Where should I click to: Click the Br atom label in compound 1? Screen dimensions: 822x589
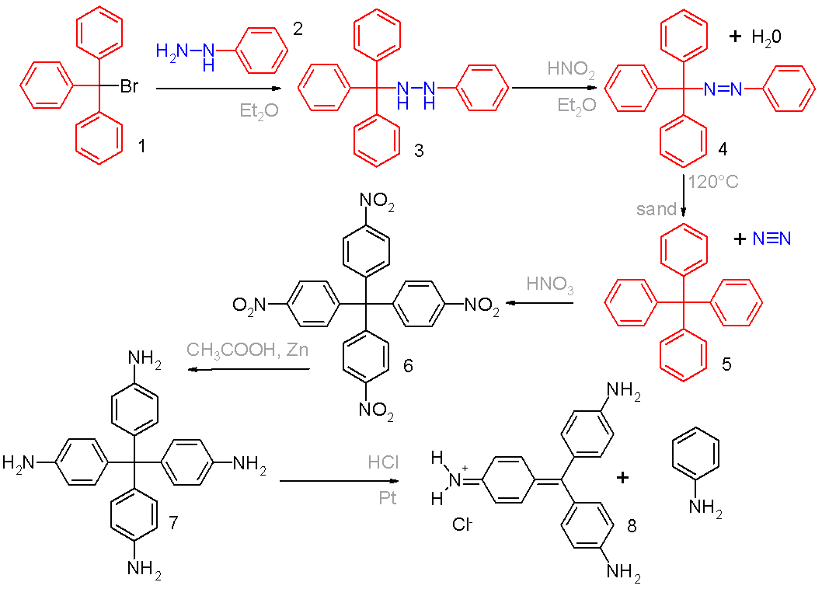click(129, 85)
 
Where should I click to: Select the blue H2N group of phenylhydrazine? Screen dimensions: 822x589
click(172, 51)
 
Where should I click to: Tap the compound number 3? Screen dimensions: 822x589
click(418, 151)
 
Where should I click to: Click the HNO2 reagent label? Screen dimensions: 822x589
click(571, 68)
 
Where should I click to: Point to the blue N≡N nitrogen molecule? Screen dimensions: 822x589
click(771, 239)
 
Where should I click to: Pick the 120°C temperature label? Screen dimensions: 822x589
click(713, 182)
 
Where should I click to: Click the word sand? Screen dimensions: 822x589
click(656, 209)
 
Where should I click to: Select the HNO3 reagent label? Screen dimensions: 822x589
click(550, 284)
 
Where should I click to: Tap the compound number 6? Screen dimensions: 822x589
click(408, 365)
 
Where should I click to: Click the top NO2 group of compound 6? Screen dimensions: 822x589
click(376, 202)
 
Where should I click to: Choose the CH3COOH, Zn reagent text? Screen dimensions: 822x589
click(247, 350)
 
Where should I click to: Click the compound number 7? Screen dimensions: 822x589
click(173, 522)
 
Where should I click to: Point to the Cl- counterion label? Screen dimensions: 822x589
click(462, 524)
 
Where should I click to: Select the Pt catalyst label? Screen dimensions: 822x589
click(388, 497)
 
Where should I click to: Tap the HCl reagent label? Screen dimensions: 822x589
click(383, 462)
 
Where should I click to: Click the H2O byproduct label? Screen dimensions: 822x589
click(766, 37)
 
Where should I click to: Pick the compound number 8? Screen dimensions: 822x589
click(632, 525)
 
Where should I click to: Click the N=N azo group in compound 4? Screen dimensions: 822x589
click(723, 89)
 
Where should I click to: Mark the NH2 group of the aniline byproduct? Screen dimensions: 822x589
click(705, 508)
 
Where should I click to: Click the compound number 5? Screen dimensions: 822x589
click(726, 364)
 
